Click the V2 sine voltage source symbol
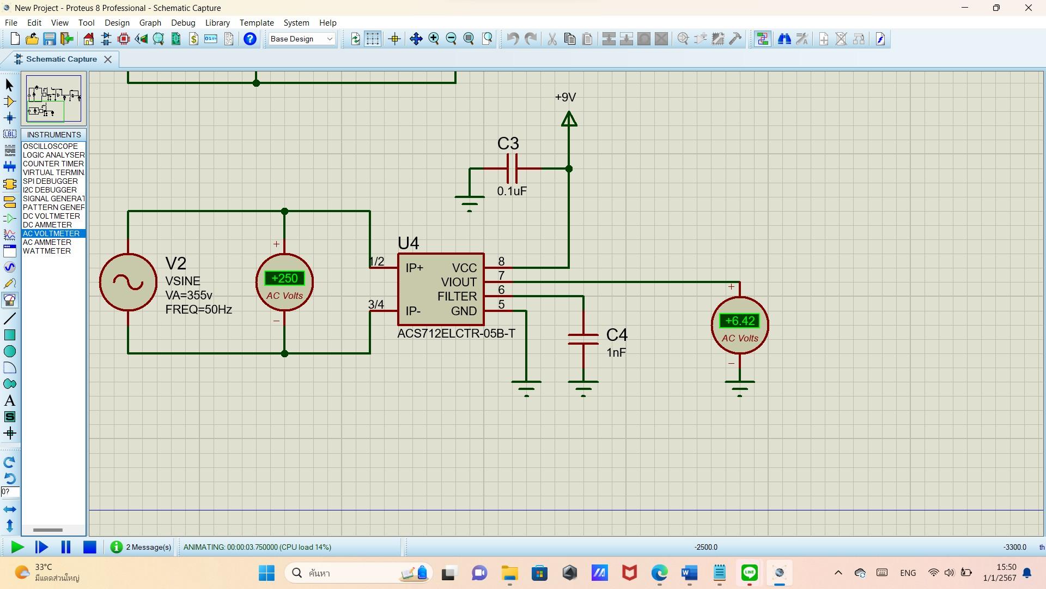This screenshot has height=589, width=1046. pyautogui.click(x=129, y=282)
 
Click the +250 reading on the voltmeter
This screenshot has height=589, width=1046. pyautogui.click(x=284, y=278)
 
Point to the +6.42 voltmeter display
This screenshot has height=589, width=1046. pyautogui.click(x=739, y=321)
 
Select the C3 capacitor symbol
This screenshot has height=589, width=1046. pyautogui.click(x=512, y=169)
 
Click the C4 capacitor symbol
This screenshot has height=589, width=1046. pyautogui.click(x=583, y=339)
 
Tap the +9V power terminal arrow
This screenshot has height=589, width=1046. pyautogui.click(x=569, y=119)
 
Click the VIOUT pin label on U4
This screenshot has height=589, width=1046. pyautogui.click(x=459, y=282)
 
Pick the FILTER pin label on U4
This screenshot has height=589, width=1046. pyautogui.click(x=457, y=296)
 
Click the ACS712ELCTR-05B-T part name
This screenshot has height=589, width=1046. pyautogui.click(x=456, y=334)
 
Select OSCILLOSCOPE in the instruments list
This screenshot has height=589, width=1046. pyautogui.click(x=50, y=146)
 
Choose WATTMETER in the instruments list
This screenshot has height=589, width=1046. pyautogui.click(x=47, y=251)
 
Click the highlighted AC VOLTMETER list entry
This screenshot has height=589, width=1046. pyautogui.click(x=51, y=233)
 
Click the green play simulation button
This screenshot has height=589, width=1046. pyautogui.click(x=17, y=547)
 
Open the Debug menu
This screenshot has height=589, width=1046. pyautogui.click(x=183, y=23)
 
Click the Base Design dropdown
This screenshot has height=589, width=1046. pyautogui.click(x=301, y=39)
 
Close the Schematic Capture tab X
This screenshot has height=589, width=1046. pyautogui.click(x=108, y=59)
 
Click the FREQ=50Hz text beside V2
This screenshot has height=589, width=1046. pyautogui.click(x=198, y=310)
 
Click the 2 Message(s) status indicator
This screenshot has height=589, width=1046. pyautogui.click(x=141, y=547)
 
